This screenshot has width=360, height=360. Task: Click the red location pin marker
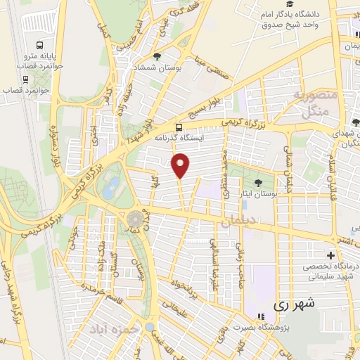(x=181, y=165)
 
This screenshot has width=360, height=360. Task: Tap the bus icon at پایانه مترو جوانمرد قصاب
(x=26, y=53)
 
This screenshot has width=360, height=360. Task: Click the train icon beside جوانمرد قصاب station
(x=26, y=78)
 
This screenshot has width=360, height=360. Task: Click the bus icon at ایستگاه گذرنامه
(x=180, y=127)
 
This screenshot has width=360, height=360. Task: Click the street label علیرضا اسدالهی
(x=212, y=259)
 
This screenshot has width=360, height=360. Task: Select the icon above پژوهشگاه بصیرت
(x=259, y=316)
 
